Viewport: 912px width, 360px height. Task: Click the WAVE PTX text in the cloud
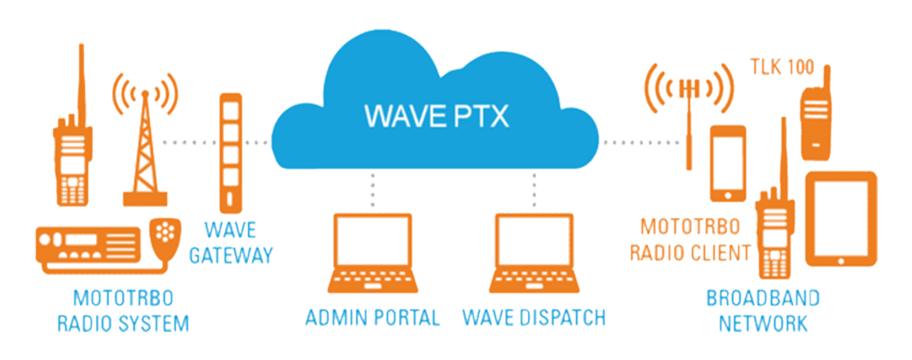click(x=436, y=116)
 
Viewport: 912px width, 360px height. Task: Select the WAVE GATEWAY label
click(x=231, y=243)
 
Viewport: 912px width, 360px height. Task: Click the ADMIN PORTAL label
click(x=372, y=318)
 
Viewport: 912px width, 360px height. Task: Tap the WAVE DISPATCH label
click(x=534, y=318)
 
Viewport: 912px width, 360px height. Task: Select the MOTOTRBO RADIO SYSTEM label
click(x=123, y=311)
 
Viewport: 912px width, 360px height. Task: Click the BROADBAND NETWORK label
click(x=763, y=311)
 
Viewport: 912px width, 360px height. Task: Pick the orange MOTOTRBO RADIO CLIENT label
click(x=690, y=240)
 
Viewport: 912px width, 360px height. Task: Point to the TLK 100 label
click(x=782, y=67)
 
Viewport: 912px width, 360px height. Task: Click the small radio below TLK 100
click(x=816, y=119)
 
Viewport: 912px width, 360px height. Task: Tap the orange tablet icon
click(x=841, y=218)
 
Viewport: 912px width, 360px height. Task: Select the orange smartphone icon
click(x=728, y=163)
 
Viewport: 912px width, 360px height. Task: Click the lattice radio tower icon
click(x=145, y=152)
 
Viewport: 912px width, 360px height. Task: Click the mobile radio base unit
click(x=88, y=245)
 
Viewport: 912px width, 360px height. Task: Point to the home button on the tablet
click(x=841, y=261)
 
